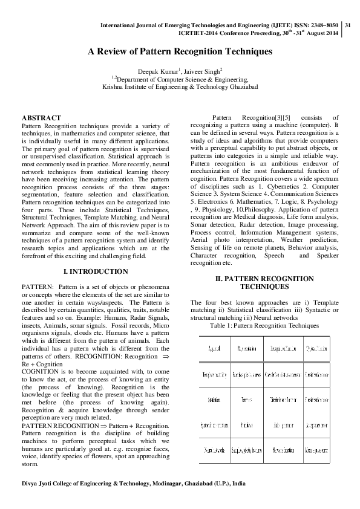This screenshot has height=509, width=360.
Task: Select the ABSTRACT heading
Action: click(x=41, y=117)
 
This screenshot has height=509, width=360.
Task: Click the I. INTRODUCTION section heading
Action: click(x=99, y=271)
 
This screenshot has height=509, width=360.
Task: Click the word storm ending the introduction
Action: click(x=30, y=482)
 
